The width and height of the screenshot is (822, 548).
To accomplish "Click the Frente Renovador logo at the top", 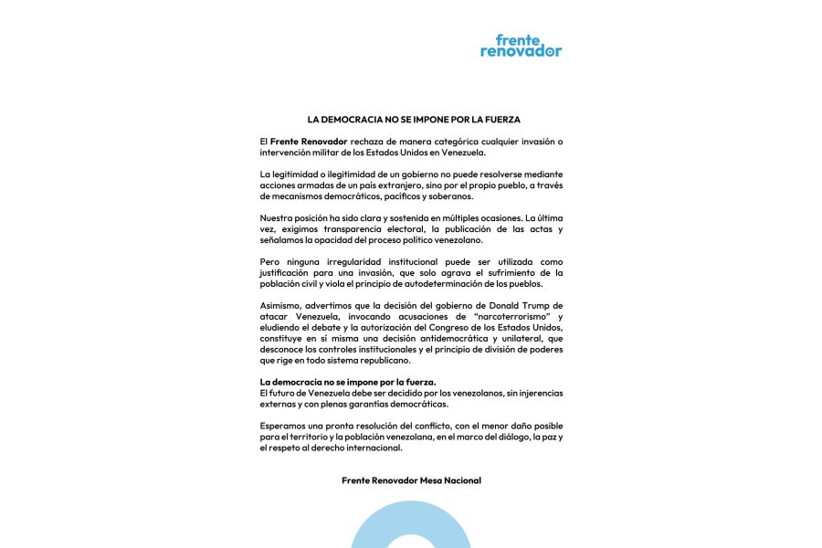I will coord(521,46).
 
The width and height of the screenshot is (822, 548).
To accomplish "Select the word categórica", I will coord(453,142).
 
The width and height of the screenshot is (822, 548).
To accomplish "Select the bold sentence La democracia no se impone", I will coord(348,382).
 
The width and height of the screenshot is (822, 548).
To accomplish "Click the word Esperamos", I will coord(287,426).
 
